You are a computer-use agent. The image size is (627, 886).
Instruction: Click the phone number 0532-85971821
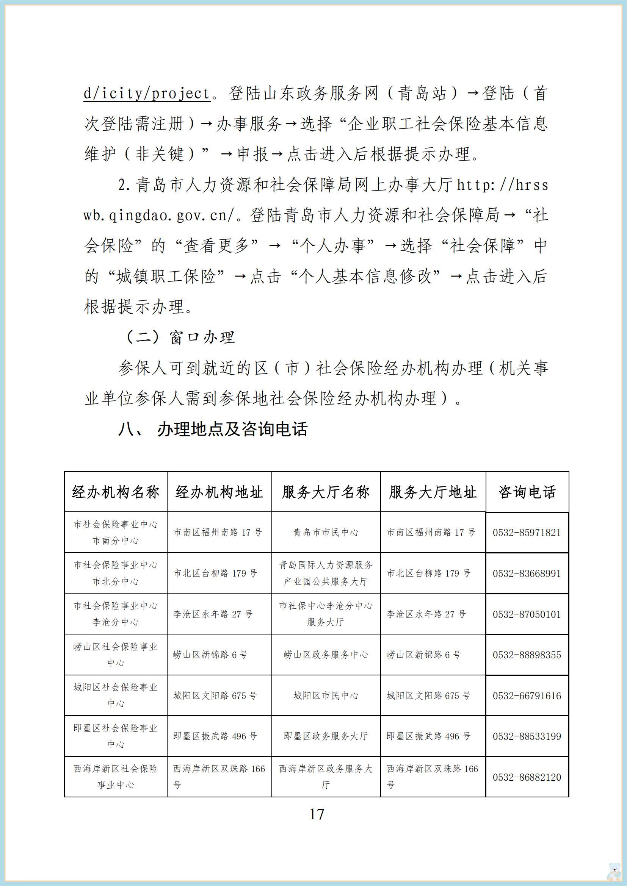527,533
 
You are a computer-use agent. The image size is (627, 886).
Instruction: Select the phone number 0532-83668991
527,573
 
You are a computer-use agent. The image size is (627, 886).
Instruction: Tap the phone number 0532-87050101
527,614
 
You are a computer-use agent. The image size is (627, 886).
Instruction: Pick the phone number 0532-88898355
527,655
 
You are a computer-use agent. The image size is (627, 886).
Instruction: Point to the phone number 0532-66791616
527,696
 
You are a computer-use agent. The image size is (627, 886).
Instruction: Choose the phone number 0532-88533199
527,736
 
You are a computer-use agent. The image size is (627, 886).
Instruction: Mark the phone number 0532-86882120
527,777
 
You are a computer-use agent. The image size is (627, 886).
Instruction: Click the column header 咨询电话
527,492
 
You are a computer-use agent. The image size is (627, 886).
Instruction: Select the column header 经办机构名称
116,492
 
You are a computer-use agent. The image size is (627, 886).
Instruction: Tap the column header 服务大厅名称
326,492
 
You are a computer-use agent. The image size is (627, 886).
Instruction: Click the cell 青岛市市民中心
326,533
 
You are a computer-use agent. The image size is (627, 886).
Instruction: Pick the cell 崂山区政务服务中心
326,655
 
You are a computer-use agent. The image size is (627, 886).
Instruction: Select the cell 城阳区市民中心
326,696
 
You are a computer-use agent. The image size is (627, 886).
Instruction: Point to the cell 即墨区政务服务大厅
326,736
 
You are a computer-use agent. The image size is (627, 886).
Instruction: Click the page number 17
317,814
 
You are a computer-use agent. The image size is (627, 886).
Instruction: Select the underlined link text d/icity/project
147,94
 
